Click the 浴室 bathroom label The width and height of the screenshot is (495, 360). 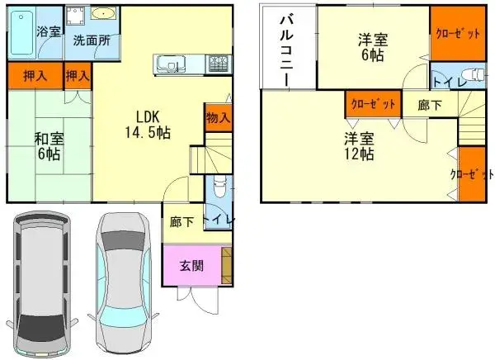click(x=49, y=32)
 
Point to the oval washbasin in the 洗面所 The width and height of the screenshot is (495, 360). click(x=105, y=15)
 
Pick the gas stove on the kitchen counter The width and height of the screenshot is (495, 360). click(x=219, y=63)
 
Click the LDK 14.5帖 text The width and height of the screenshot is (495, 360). click(x=147, y=124)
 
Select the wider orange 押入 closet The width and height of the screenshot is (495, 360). click(x=34, y=76)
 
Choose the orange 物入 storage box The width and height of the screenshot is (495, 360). click(x=218, y=117)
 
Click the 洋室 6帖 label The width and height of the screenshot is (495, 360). click(x=371, y=47)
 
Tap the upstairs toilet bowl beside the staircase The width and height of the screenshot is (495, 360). click(x=473, y=73)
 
